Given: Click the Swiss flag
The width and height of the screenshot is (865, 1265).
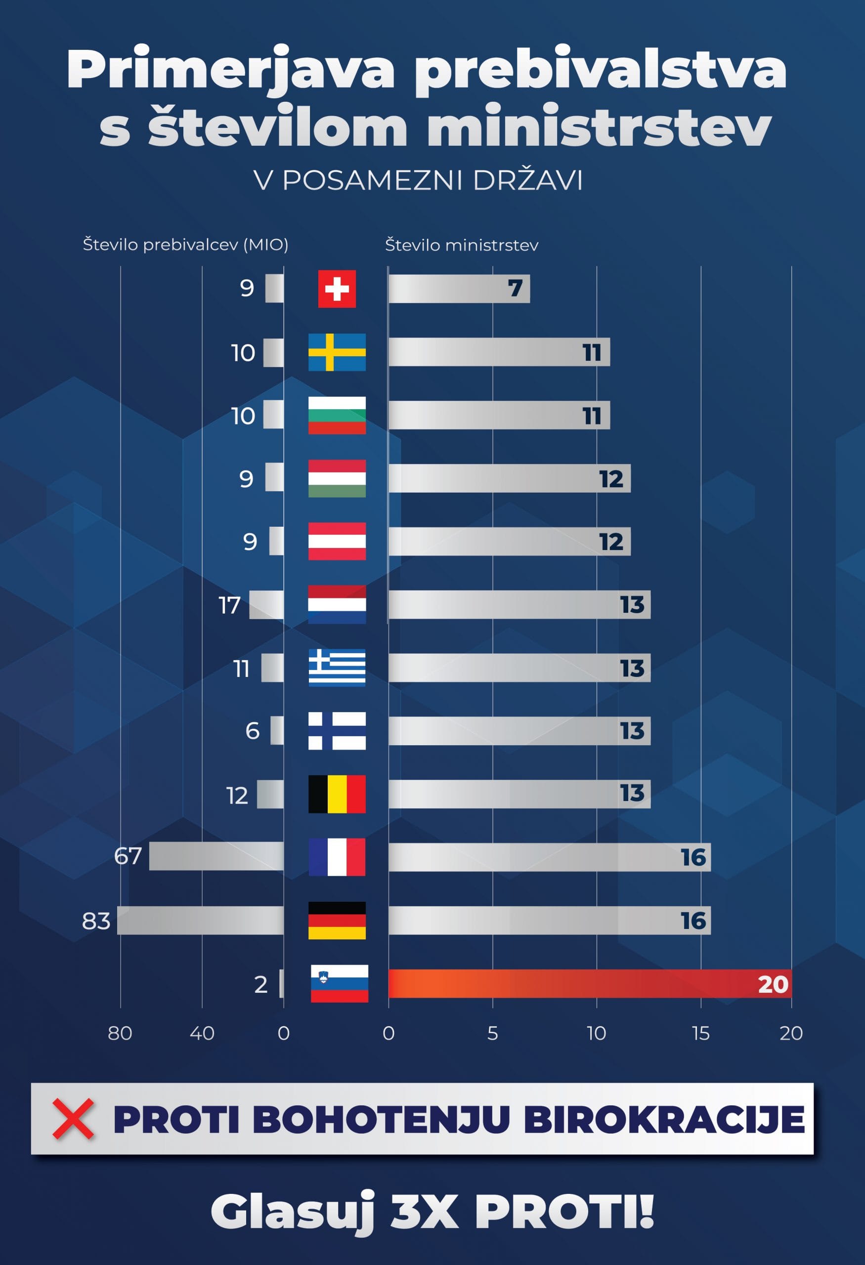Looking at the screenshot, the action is click(x=337, y=289).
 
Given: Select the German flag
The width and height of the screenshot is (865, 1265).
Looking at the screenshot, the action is click(x=337, y=921).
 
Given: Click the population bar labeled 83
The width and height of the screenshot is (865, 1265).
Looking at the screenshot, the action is click(x=200, y=921).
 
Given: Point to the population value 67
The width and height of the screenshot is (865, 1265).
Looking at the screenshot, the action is click(x=128, y=856).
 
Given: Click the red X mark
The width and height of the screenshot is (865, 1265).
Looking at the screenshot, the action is click(x=73, y=1119).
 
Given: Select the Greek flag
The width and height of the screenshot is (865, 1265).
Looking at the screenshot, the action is click(x=337, y=667).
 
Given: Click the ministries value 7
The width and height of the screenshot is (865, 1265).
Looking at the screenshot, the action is click(x=515, y=288).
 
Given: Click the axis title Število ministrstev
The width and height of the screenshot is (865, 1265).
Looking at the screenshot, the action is click(x=462, y=245).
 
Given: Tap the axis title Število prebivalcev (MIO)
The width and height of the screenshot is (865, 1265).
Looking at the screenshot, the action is click(x=186, y=245).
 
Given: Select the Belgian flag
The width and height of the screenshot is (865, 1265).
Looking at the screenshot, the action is click(x=337, y=794).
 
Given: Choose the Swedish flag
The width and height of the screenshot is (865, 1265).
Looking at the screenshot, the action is click(x=337, y=352).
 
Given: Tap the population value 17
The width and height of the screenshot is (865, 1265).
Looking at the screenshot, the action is click(x=230, y=605).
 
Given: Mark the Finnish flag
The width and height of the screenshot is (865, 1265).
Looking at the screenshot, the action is click(x=337, y=730).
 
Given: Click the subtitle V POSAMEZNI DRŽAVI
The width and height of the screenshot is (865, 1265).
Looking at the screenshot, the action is click(x=419, y=180).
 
